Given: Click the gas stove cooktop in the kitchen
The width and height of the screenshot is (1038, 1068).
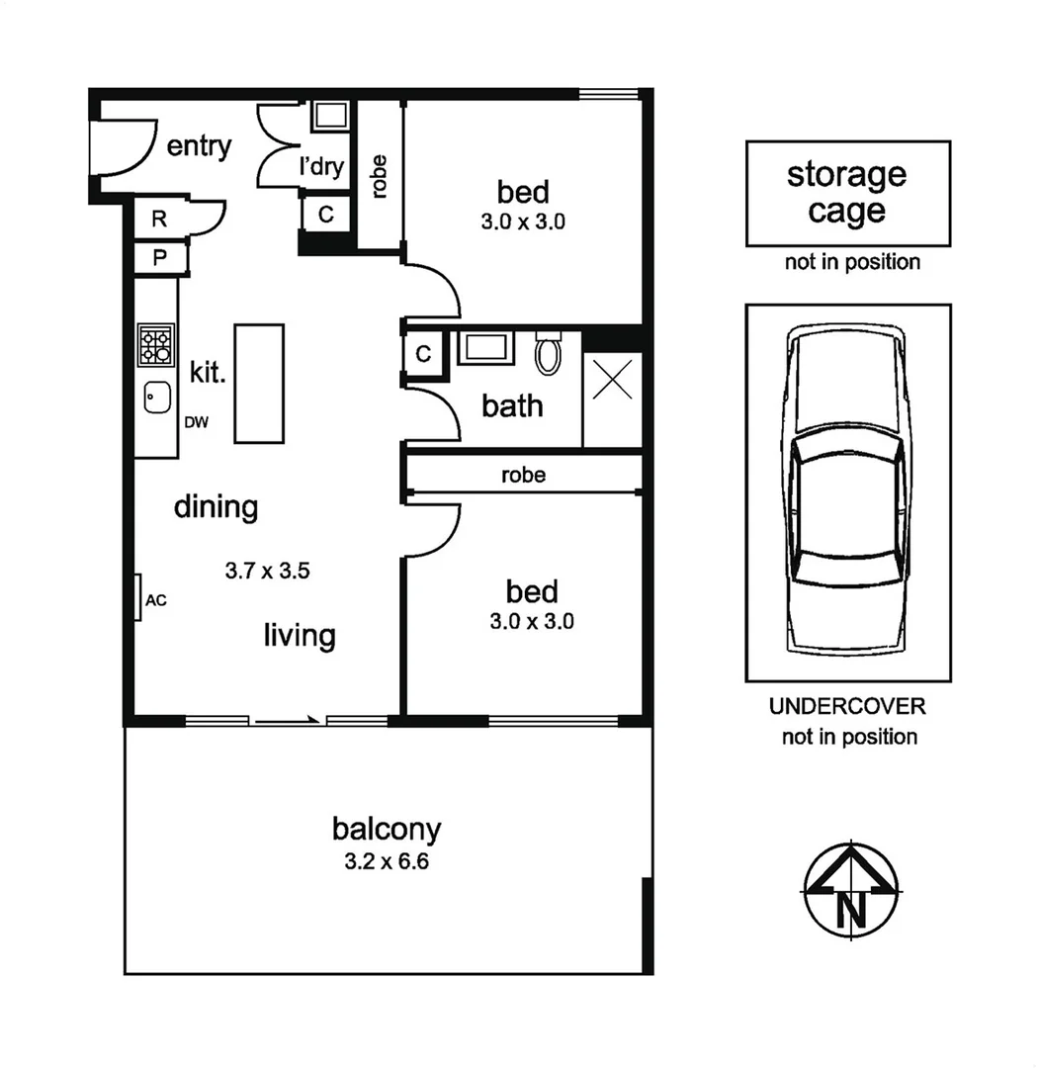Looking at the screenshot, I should click(x=155, y=345).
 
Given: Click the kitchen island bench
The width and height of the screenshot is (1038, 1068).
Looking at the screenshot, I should click(x=259, y=383).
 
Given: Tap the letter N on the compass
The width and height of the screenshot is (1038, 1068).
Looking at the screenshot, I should click(x=851, y=908).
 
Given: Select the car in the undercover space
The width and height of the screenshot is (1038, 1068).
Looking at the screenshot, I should click(x=847, y=491).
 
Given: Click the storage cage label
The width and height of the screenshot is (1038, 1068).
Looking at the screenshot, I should click(x=847, y=193).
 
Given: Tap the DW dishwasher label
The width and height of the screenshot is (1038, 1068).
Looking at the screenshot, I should click(x=197, y=423).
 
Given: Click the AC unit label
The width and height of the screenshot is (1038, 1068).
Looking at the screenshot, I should click(x=155, y=600).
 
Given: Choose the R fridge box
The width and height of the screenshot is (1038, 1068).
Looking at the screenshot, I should click(x=158, y=220).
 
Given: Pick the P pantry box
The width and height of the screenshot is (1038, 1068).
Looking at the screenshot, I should click(x=158, y=258).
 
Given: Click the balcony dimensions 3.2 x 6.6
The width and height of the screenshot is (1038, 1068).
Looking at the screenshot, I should click(x=386, y=861).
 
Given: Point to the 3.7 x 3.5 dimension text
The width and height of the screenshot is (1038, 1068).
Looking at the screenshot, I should click(x=269, y=571).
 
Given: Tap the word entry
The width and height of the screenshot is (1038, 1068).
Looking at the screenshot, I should click(x=199, y=147).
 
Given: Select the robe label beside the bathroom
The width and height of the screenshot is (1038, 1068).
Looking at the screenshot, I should click(x=523, y=476).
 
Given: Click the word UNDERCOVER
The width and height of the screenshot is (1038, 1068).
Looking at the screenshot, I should click(x=847, y=707).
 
